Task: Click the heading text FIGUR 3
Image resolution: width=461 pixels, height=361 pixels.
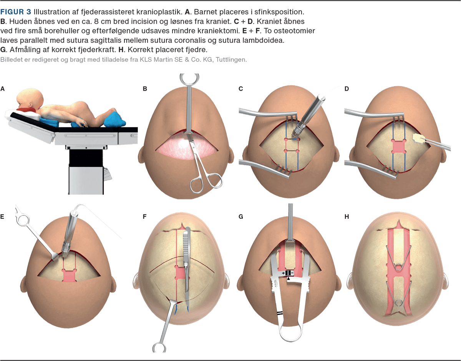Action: (x=16, y=12)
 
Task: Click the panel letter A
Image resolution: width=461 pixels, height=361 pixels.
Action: (x=2, y=89)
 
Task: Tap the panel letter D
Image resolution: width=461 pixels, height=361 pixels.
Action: (x=347, y=89)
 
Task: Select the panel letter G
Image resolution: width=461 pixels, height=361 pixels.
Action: (x=241, y=217)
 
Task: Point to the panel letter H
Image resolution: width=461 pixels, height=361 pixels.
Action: (x=347, y=217)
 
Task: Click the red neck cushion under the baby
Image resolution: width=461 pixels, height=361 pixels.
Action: (x=27, y=110)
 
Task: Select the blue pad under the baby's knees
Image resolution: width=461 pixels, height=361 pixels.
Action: (x=114, y=120)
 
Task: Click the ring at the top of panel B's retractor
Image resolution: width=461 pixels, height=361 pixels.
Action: (x=189, y=79)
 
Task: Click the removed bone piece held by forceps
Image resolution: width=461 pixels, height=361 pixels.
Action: (x=418, y=139)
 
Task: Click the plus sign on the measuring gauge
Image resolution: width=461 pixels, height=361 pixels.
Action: (x=284, y=273)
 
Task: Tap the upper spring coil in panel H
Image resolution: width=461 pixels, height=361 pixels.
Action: (x=399, y=267)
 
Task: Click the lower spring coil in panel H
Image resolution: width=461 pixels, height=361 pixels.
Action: (x=399, y=303)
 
